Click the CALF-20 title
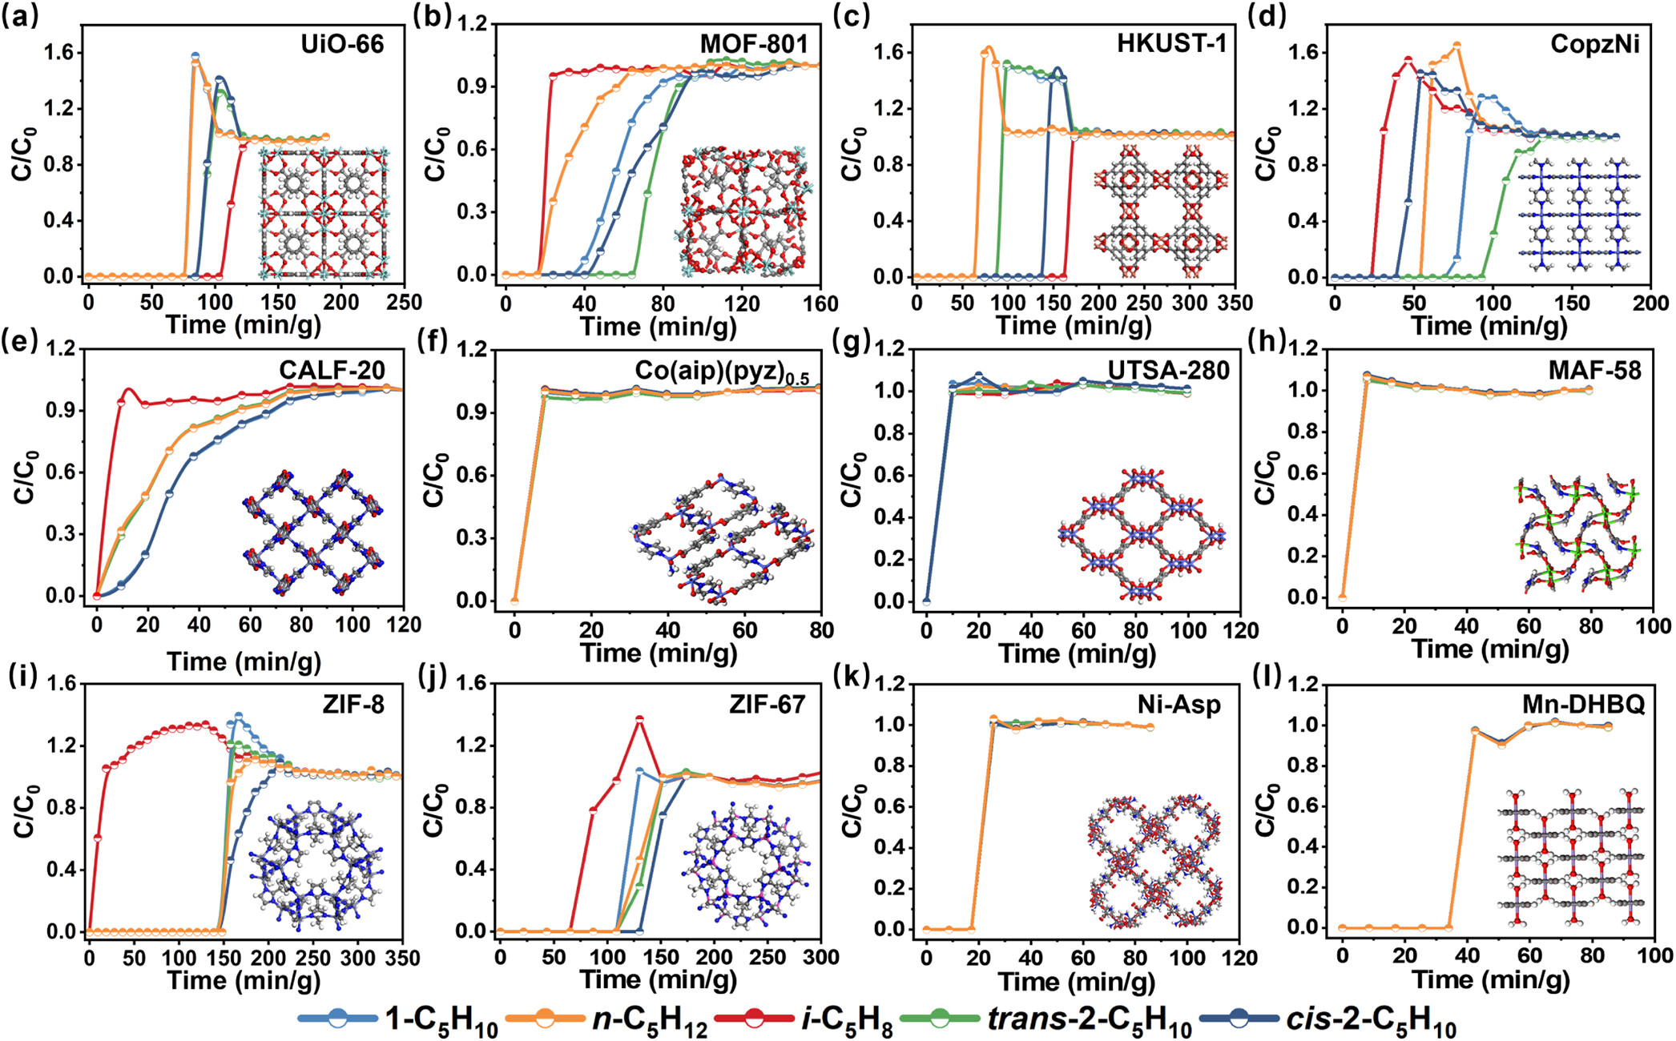pyautogui.click(x=332, y=370)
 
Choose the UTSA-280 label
pyautogui.click(x=1168, y=370)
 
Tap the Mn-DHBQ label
pyautogui.click(x=1583, y=705)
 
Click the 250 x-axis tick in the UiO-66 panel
pyautogui.click(x=404, y=303)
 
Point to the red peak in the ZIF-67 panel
pyautogui.click(x=639, y=719)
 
